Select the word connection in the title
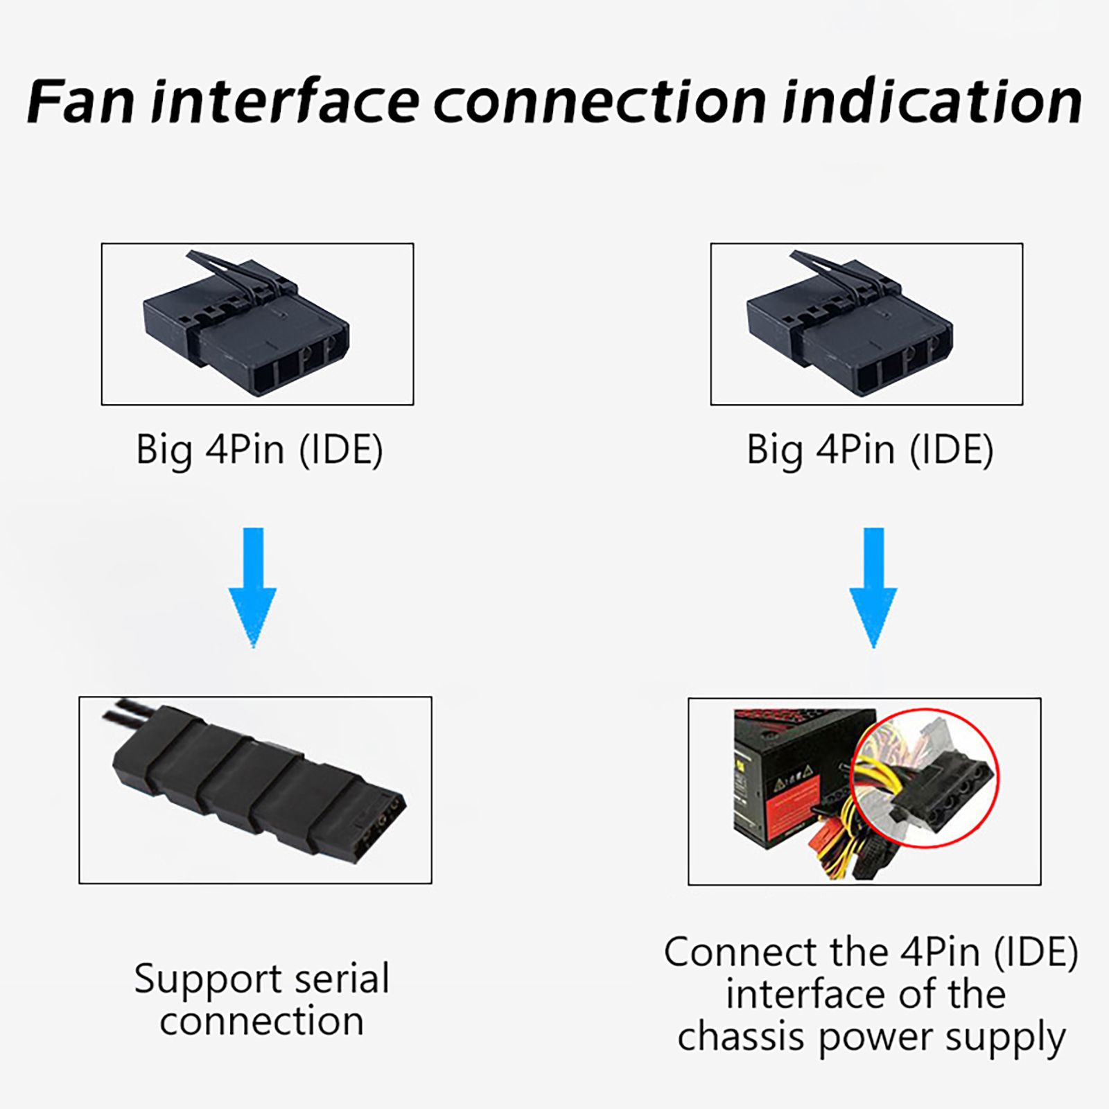click(600, 102)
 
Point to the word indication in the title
click(932, 102)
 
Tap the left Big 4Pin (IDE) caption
click(259, 451)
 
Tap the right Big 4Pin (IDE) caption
click(870, 451)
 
